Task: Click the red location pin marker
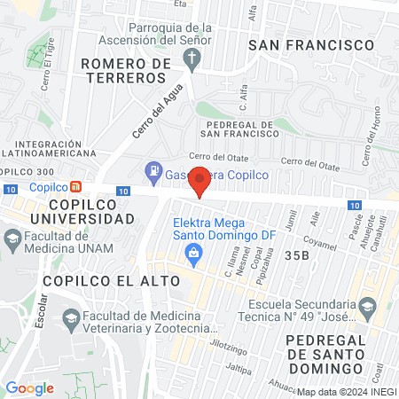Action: tap(200, 180)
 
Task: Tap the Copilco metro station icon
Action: tap(77, 187)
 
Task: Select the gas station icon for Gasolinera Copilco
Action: tap(154, 169)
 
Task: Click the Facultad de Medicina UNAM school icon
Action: tap(13, 238)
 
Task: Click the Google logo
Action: tap(29, 387)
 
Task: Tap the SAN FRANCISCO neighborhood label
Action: tap(309, 44)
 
